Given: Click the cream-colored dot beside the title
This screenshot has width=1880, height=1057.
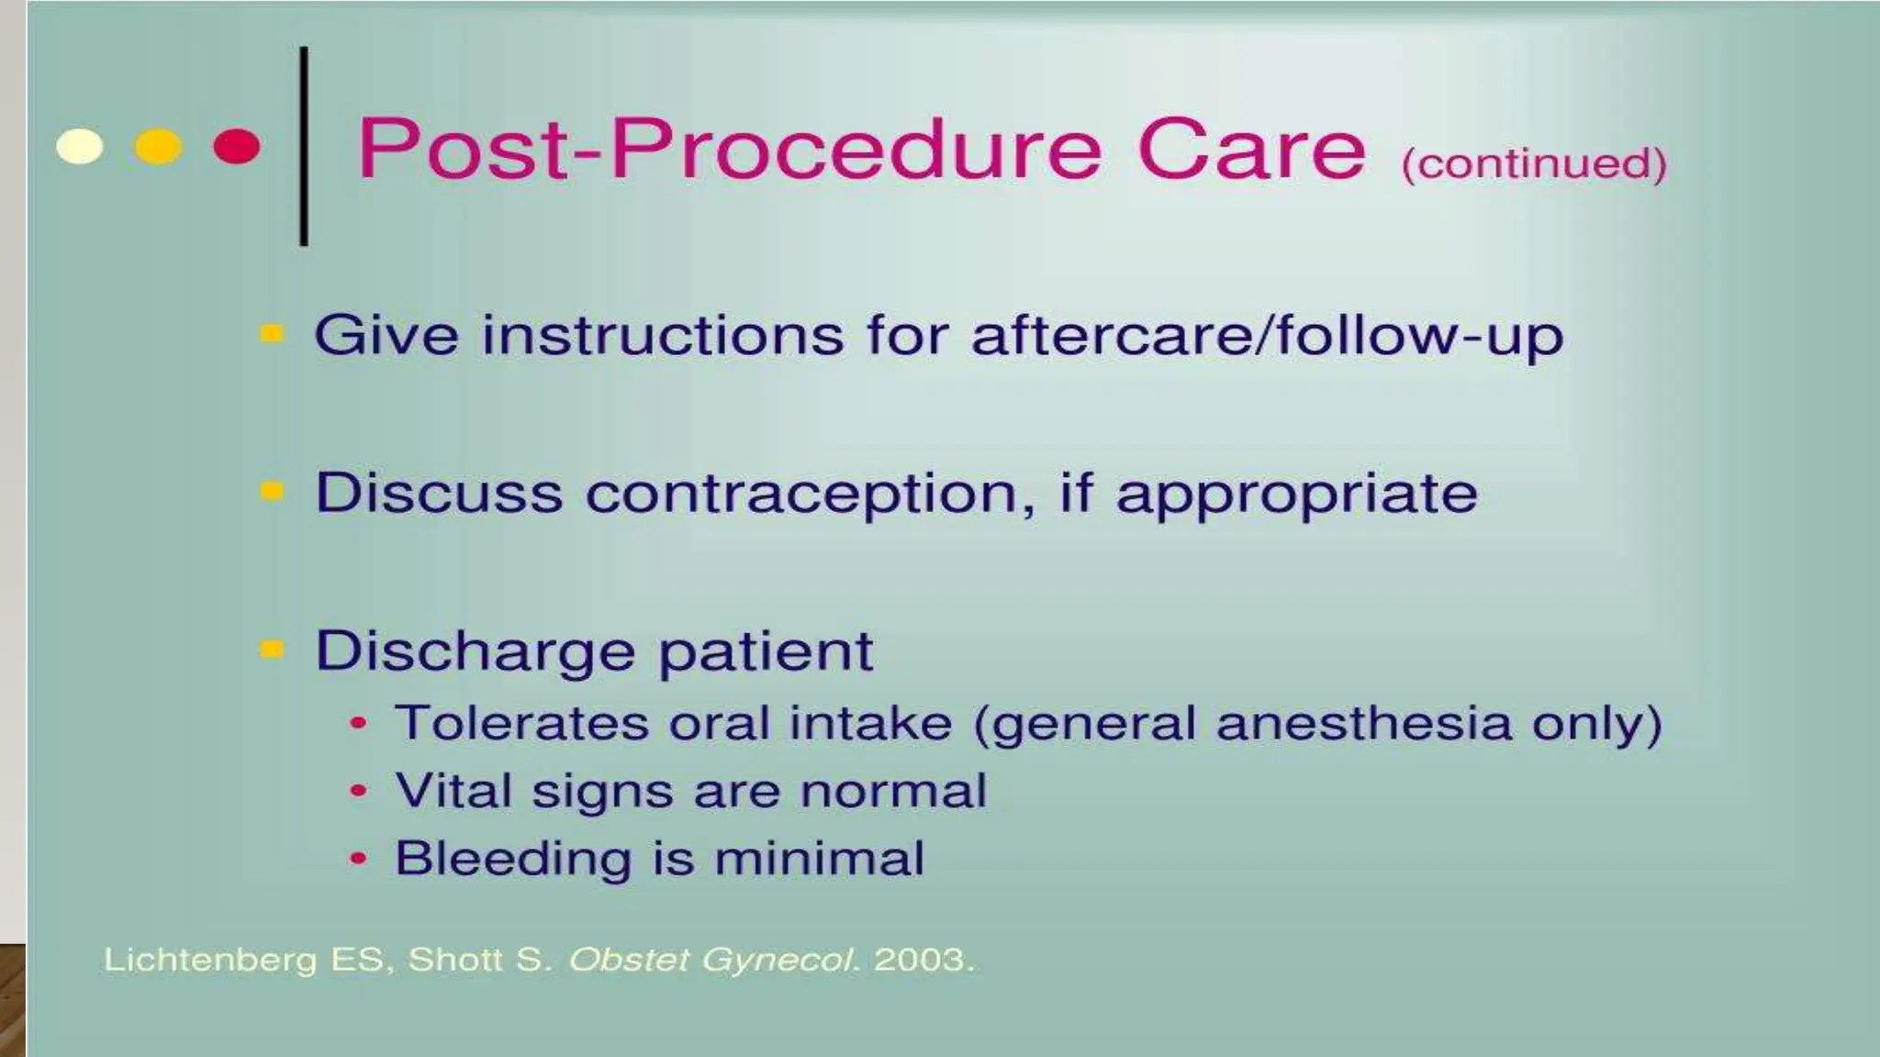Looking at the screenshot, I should coord(80,147).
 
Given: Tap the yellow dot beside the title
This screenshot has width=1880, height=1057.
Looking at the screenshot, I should coord(158,147).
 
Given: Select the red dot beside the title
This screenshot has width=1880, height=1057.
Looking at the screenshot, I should coord(236,147).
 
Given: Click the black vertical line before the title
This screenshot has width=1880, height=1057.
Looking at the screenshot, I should coord(304,147).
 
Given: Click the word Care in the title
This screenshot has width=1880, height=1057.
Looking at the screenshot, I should coord(1251,149).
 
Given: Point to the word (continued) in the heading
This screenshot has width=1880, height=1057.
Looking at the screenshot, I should coord(1533,163).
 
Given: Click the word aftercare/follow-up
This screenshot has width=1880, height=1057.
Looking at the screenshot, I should coord(1267,335).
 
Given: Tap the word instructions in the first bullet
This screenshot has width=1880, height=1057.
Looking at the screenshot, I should coord(662,335).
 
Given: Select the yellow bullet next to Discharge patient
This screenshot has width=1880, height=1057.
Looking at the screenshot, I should coord(272,650).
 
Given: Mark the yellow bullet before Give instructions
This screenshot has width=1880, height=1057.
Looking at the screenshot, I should coord(272,333).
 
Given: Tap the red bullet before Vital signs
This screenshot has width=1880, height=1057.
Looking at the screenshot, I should coord(359,791).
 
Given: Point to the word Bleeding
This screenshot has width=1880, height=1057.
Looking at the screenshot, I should coord(513,859).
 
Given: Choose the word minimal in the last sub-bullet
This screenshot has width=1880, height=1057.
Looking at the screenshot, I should coord(819,859).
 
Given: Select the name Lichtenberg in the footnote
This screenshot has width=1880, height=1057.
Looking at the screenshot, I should coord(209,960).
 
